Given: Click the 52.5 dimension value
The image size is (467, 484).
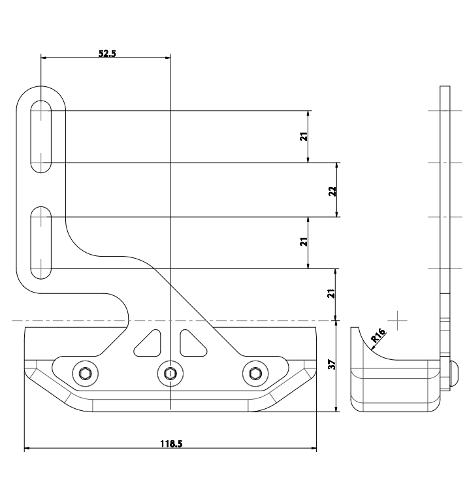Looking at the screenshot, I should click(107, 54).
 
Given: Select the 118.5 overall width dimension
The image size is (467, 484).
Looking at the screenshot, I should click(171, 444).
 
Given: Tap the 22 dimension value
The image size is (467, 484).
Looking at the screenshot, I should click(332, 190).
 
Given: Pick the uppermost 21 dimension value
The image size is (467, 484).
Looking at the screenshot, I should click(304, 137).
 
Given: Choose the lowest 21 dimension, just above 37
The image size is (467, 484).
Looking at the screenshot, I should click(332, 294).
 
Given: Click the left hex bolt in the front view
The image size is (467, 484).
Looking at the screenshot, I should click(84, 373).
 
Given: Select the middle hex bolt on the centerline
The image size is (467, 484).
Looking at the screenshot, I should click(170, 373).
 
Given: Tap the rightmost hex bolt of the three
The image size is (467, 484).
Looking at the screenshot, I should click(254, 373).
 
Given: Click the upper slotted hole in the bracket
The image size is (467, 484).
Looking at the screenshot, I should click(42, 137).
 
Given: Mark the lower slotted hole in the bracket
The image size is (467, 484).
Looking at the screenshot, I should click(42, 242).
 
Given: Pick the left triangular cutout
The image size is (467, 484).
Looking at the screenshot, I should click(148, 344).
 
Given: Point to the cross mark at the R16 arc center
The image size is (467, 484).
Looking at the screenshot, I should click(398, 320).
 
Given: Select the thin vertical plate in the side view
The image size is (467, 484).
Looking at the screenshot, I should click(445, 196).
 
